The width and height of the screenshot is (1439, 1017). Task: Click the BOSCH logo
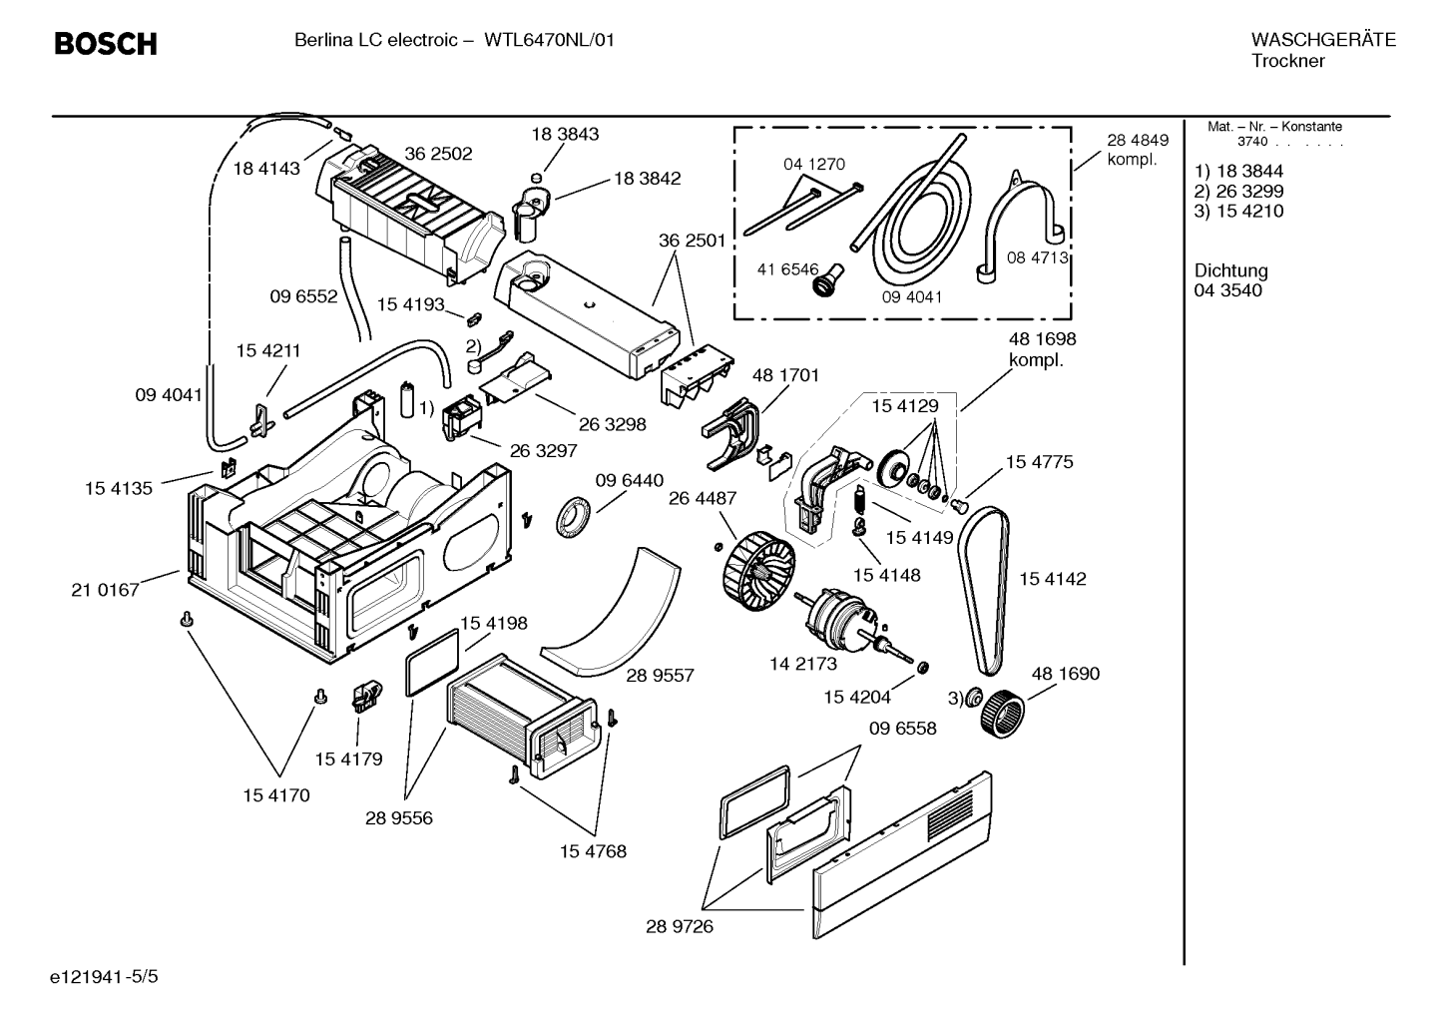click(x=106, y=44)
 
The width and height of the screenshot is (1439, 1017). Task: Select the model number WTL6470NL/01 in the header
click(x=549, y=41)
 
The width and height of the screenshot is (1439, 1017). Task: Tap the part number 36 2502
click(x=438, y=154)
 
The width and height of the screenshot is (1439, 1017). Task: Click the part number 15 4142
click(x=1052, y=579)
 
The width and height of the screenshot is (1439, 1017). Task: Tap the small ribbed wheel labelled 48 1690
click(x=1002, y=714)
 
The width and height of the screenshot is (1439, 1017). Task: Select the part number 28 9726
click(x=679, y=926)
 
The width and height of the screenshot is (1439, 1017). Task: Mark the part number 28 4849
click(x=1138, y=140)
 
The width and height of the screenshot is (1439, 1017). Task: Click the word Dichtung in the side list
click(x=1230, y=270)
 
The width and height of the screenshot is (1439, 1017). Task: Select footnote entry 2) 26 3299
click(x=1238, y=191)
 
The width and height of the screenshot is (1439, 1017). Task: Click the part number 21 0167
click(x=105, y=590)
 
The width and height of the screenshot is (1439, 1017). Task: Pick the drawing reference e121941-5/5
click(x=104, y=976)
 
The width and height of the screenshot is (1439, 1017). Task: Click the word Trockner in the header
click(x=1288, y=61)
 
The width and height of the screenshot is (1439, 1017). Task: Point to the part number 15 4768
click(x=593, y=851)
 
